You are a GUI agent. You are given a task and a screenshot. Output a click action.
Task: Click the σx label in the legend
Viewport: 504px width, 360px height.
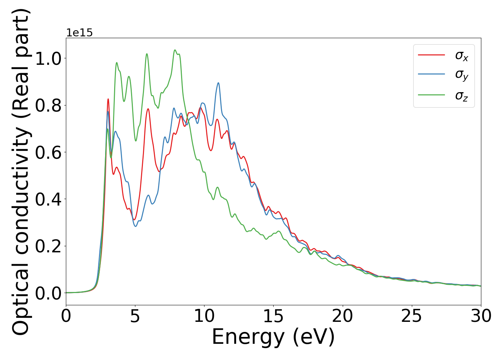tap(462, 56)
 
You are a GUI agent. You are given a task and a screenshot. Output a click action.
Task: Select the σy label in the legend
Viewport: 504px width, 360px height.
tap(462, 75)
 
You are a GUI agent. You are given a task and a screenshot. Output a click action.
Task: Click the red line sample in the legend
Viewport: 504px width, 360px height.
tap(431, 55)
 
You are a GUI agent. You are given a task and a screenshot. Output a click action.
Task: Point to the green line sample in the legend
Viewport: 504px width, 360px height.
tap(431, 95)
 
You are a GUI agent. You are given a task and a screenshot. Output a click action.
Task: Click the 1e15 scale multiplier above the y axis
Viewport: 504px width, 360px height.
tap(79, 33)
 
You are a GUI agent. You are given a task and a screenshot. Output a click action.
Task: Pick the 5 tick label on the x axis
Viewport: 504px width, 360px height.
tap(135, 316)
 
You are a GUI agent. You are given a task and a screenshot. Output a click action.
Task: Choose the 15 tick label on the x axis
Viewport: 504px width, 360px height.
tap(273, 316)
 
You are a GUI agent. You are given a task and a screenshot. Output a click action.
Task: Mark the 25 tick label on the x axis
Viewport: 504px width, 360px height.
tap(411, 316)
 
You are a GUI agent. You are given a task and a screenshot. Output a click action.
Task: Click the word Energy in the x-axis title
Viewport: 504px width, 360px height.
tap(248, 337)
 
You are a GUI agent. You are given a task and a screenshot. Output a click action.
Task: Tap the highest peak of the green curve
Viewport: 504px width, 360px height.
tap(175, 50)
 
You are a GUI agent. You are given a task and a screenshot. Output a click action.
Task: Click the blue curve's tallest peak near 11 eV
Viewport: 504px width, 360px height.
tap(218, 83)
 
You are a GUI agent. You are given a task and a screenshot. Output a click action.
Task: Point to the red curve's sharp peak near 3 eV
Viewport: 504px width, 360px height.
tap(108, 99)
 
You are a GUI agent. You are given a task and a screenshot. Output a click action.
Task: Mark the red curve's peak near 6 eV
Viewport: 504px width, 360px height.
tap(148, 109)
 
